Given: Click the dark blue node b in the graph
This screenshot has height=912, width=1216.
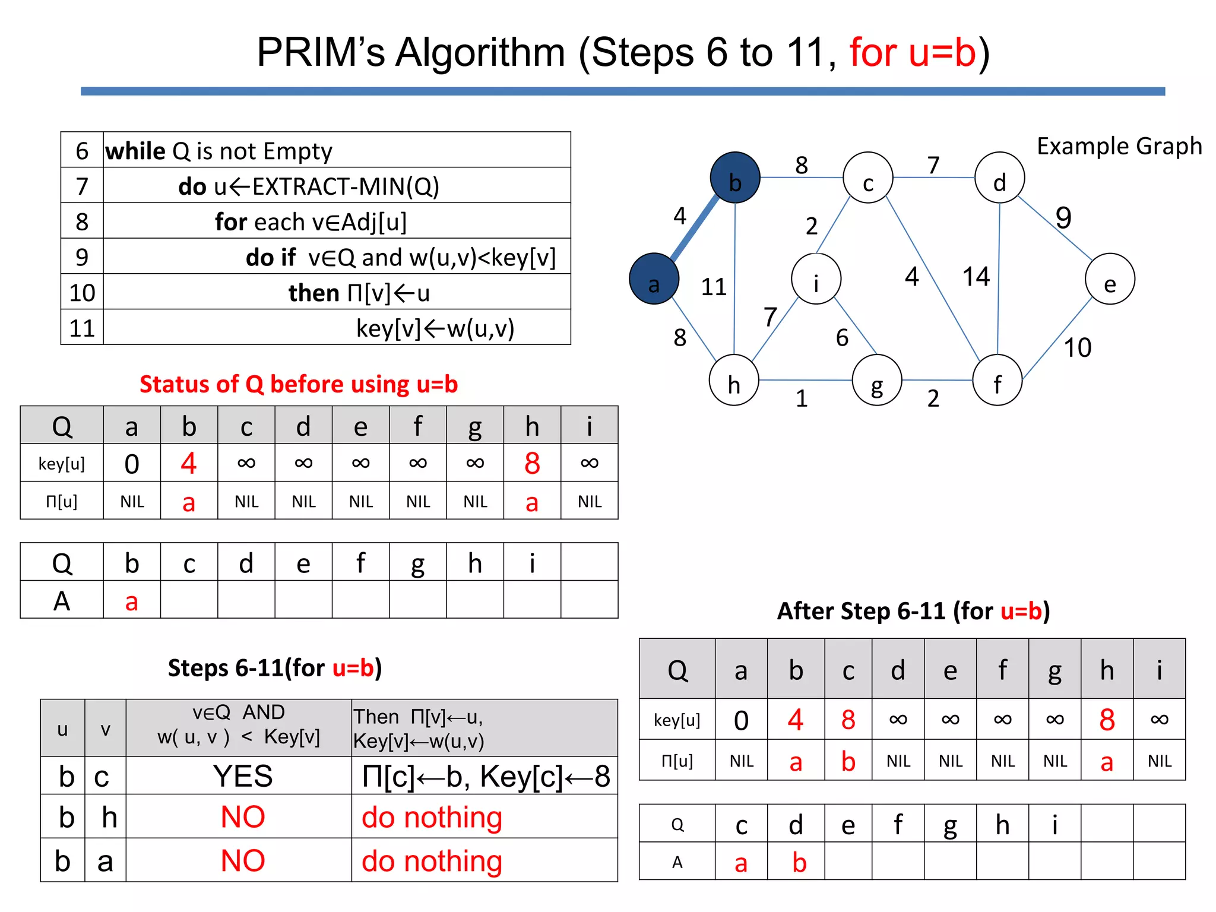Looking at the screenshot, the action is (x=735, y=178).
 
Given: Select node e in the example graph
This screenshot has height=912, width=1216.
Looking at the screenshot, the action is (x=1110, y=279).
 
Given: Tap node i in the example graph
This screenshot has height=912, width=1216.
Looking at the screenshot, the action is (x=816, y=279).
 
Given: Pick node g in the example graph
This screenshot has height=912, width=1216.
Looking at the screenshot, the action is (x=877, y=381).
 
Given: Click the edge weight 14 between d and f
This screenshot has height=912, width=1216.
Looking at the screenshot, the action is (x=976, y=277).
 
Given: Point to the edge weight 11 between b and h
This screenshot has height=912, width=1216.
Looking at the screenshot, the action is (x=714, y=287).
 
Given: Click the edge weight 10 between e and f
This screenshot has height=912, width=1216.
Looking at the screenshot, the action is (x=1077, y=348).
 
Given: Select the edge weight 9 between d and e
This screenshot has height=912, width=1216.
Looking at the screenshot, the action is (x=1063, y=217).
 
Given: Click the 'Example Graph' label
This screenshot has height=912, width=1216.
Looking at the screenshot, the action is (x=1119, y=146).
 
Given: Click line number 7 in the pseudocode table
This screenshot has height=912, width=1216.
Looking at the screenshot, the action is (x=82, y=186).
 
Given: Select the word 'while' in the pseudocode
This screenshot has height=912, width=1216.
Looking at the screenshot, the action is (x=135, y=151).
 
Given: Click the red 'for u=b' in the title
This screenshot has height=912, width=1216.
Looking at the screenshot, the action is (x=913, y=52).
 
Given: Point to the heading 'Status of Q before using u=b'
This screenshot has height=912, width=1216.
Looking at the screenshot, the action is (x=299, y=384).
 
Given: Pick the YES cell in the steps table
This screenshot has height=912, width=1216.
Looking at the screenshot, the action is (x=243, y=776).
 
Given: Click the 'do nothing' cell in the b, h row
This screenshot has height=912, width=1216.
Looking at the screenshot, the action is (x=432, y=818).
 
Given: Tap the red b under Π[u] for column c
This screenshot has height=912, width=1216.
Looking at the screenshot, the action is (x=848, y=762).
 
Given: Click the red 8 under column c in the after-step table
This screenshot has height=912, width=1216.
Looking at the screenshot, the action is (x=848, y=720).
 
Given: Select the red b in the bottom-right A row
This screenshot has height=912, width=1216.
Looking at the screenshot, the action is (x=799, y=863).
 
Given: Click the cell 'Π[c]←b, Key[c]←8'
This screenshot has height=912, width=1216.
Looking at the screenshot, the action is (x=485, y=776).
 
